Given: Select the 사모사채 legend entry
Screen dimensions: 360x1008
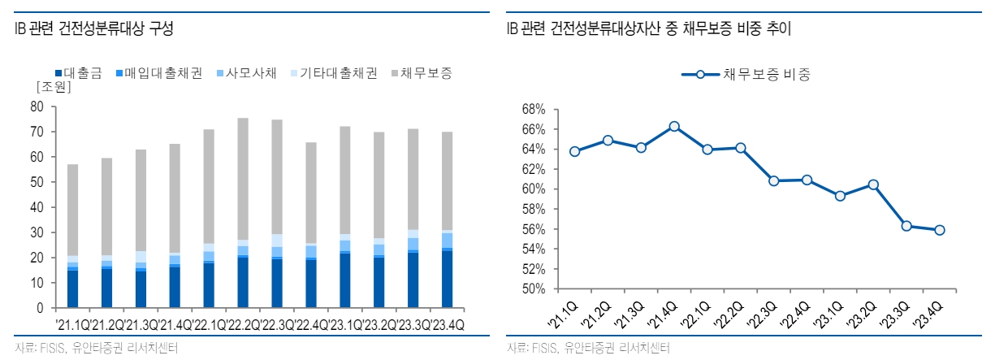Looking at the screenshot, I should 244,73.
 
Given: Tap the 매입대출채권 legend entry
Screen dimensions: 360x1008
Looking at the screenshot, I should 158,73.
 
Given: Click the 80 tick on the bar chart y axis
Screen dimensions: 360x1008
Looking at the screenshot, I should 37,106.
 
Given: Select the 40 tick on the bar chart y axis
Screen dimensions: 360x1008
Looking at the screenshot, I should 37,207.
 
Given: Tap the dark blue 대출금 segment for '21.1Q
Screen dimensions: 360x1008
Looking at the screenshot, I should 73,289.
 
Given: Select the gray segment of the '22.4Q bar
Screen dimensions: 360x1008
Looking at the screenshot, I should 310,193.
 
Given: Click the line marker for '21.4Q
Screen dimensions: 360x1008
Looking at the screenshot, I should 674,127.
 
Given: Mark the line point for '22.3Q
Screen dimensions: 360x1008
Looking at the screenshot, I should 773,180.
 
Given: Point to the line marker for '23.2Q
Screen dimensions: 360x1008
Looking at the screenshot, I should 872,184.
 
